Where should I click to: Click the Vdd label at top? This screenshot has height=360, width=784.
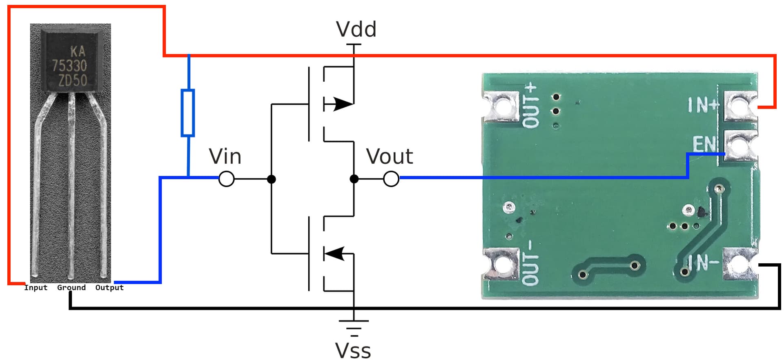[356, 29]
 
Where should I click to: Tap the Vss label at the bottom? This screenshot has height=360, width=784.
[353, 350]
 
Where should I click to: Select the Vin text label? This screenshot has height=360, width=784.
[225, 157]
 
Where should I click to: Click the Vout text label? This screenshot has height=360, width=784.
[389, 157]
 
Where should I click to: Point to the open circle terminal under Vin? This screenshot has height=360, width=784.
[226, 179]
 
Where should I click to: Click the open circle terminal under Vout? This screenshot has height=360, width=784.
[391, 179]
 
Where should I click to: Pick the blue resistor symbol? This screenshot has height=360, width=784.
[187, 113]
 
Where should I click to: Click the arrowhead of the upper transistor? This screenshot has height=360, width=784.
[342, 104]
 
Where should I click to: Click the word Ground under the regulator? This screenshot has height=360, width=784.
[71, 287]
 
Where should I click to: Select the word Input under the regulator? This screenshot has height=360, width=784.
[36, 287]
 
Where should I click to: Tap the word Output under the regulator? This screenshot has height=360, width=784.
[109, 287]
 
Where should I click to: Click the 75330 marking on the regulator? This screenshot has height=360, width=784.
[69, 66]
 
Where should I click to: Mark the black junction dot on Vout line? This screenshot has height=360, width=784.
[354, 179]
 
